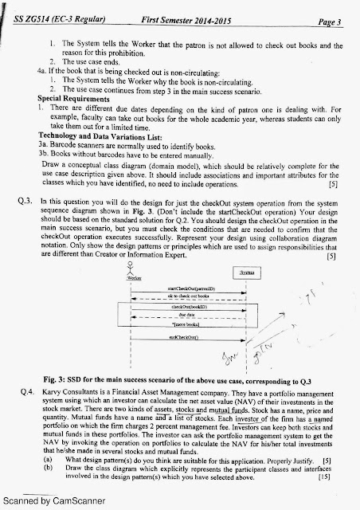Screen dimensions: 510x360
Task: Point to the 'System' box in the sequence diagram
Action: click(246, 273)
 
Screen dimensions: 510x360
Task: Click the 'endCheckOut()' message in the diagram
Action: click(189, 338)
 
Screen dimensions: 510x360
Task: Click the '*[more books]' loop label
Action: click(190, 325)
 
